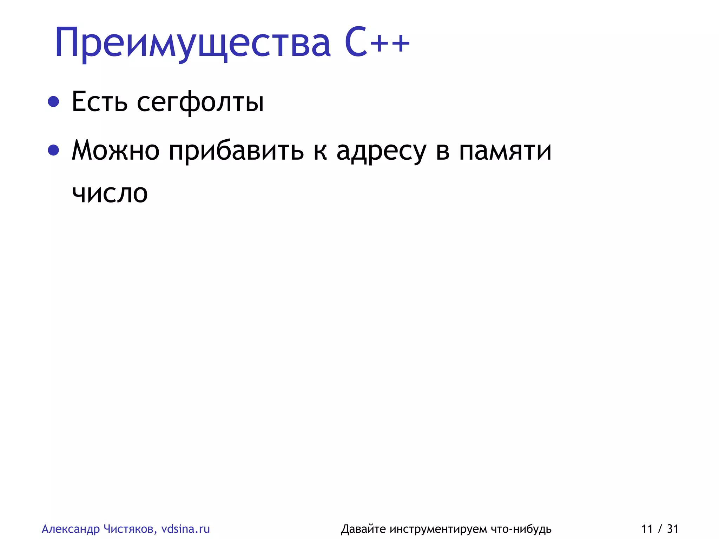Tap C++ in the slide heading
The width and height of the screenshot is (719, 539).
click(377, 43)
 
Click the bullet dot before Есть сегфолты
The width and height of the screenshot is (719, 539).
click(53, 101)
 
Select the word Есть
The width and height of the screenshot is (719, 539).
click(99, 102)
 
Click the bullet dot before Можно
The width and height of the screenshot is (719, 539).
click(53, 150)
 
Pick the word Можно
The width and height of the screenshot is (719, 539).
click(116, 150)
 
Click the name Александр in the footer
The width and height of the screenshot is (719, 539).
click(71, 529)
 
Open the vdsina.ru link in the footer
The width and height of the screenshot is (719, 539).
click(185, 529)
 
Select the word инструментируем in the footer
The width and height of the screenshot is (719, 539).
click(438, 529)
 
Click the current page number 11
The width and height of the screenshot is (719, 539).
click(647, 529)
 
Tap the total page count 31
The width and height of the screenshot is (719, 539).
click(673, 529)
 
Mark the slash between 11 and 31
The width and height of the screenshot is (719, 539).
click(660, 529)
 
